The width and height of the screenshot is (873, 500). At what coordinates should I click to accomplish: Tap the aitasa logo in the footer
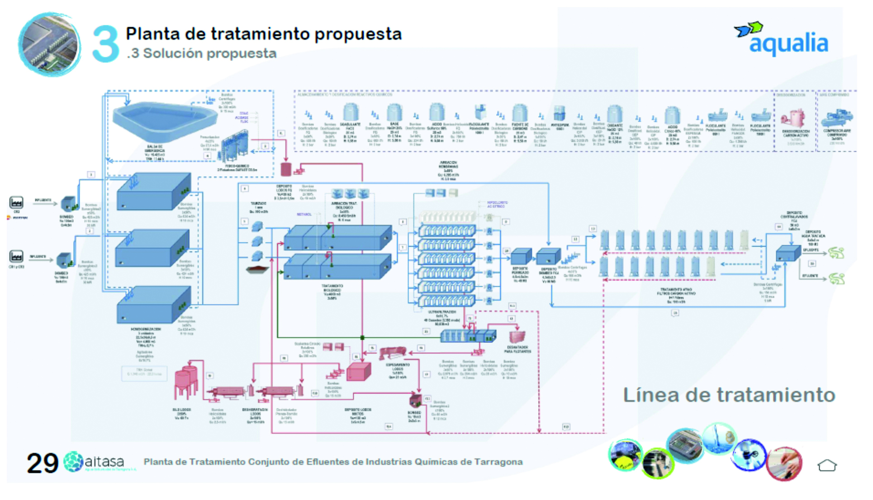94,462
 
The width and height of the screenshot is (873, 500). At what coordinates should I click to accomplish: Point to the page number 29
42,463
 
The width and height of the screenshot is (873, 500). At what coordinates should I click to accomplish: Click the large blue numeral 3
105,44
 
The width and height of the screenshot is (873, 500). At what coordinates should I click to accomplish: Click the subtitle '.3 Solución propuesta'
201,53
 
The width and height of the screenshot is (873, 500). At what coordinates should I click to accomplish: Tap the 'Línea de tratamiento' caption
729,395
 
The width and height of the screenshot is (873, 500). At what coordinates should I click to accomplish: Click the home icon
827,465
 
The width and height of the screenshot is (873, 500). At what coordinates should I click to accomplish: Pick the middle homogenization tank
152,249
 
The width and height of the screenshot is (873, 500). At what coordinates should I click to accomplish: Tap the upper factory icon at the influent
16,202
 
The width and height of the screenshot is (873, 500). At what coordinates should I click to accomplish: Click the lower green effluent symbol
836,279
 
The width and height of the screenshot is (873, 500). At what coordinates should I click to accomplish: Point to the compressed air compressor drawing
837,118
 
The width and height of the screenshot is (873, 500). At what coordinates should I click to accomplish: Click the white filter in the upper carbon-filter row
744,240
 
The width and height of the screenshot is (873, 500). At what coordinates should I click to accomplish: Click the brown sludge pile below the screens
257,270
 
